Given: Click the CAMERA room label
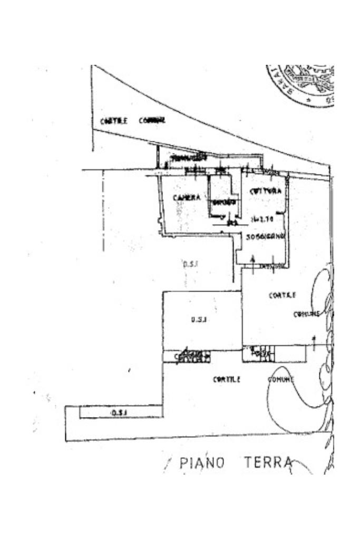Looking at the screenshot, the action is (x=187, y=198).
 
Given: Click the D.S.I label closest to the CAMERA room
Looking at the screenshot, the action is (x=190, y=263).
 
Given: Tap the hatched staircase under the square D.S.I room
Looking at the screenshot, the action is (x=192, y=356).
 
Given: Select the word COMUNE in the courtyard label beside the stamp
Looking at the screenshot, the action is (x=152, y=121).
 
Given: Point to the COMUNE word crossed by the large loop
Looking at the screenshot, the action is (x=280, y=379).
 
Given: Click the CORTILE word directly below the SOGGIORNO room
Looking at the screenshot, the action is (x=282, y=295).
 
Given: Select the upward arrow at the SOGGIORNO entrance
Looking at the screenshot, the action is (x=253, y=259).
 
